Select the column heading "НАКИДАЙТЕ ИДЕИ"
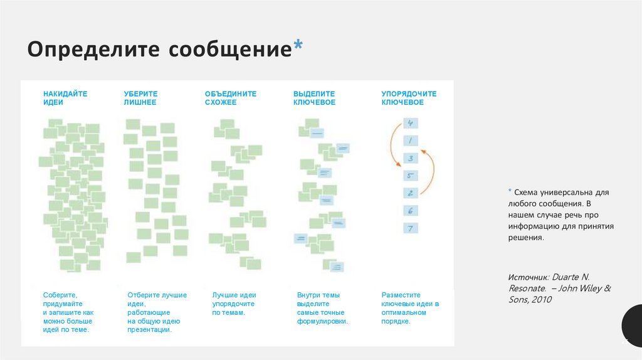point(65,98)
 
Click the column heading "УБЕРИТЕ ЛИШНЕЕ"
point(140,98)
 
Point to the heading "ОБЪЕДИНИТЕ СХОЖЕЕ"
point(230,98)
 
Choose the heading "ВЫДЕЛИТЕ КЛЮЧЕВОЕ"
point(314,98)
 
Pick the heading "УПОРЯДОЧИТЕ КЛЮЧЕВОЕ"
point(409,98)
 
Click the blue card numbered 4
point(411,124)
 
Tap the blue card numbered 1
point(411,141)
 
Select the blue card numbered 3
point(411,159)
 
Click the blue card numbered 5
point(411,176)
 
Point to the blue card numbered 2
point(411,194)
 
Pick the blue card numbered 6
point(411,211)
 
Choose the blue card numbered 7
point(411,229)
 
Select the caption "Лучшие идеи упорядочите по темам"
point(233,303)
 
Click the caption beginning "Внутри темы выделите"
point(322,307)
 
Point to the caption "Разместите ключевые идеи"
point(409,307)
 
